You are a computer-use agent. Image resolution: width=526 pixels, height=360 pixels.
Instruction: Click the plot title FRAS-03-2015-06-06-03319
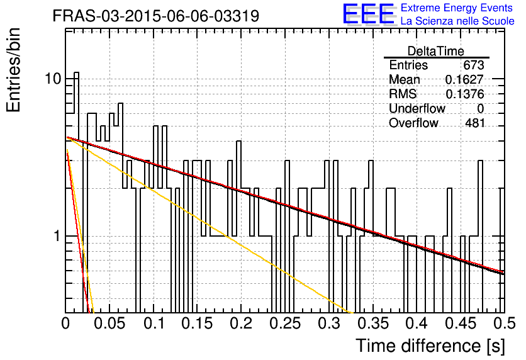[156, 16]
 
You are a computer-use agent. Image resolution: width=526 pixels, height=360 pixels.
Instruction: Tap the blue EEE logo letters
[368, 13]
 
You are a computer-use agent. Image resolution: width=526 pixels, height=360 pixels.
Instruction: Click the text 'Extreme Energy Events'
[457, 8]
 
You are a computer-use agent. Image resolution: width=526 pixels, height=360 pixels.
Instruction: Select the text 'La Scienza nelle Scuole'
[457, 21]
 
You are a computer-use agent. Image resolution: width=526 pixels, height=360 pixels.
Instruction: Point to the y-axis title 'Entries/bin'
[13, 70]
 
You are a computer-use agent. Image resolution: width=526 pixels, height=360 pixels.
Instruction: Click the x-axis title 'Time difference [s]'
[430, 346]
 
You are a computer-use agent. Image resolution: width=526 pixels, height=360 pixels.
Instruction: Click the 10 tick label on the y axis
[53, 79]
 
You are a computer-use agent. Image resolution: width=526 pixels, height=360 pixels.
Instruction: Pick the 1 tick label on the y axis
[57, 236]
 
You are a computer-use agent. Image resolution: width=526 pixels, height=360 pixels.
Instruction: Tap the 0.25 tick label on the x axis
[286, 323]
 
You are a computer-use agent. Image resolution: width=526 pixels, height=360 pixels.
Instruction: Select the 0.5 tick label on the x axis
[504, 323]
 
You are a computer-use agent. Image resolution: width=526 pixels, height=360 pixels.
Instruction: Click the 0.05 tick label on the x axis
[109, 323]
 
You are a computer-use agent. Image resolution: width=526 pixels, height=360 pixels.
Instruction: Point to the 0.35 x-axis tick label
[373, 323]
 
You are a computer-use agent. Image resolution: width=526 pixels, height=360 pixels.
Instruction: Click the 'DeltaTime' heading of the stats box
[436, 51]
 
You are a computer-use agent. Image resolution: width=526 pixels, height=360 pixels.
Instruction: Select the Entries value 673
[474, 65]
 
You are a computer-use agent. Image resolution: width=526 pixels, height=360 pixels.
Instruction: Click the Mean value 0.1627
[464, 79]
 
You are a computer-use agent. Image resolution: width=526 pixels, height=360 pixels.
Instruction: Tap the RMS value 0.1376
[464, 94]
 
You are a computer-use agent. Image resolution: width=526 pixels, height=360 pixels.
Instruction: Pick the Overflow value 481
[474, 123]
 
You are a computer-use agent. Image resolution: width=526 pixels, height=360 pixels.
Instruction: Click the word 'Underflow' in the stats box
[417, 109]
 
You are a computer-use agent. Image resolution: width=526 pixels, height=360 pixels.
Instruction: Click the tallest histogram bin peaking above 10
[77, 192]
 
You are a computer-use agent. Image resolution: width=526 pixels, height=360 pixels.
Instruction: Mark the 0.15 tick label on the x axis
[198, 323]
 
